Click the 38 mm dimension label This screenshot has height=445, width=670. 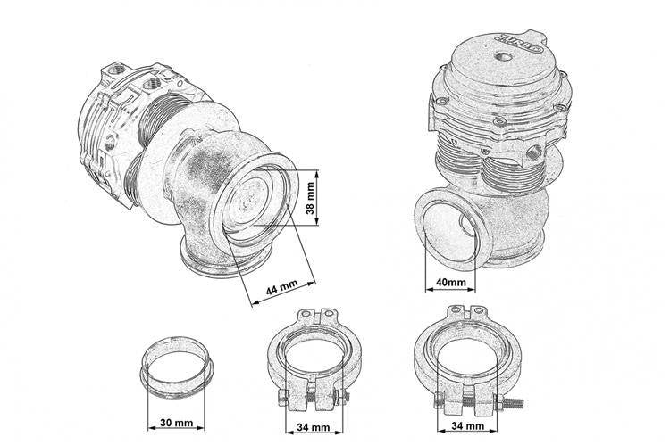pos(310,198)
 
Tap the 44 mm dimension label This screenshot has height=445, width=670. pos(282,288)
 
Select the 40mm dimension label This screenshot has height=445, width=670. pos(451,282)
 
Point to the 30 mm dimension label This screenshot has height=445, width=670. pos(177,423)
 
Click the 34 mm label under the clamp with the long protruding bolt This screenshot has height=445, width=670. pos(467,425)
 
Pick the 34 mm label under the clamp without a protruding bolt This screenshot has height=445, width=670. pos(314,426)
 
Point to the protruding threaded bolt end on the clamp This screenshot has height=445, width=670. pos(512,403)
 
